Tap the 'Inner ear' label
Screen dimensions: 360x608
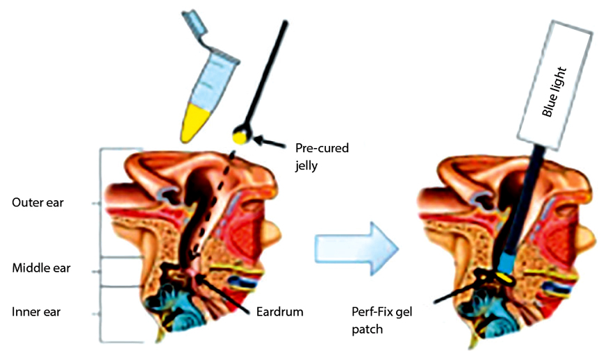(36, 312)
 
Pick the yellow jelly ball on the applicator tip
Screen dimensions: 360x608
(240, 137)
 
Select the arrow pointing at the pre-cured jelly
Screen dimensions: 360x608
(272, 142)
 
